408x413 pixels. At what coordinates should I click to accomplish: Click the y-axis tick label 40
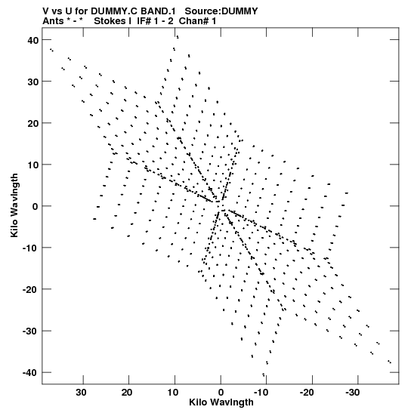click(32, 40)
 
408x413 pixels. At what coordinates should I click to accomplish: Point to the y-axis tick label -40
click(30, 372)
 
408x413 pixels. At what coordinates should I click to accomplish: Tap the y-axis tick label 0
click(36, 207)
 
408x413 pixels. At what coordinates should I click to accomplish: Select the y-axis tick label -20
click(30, 289)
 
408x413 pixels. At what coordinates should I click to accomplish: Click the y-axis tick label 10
click(32, 165)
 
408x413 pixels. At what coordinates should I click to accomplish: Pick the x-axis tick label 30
click(81, 393)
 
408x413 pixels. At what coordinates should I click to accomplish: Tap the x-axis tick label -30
click(352, 393)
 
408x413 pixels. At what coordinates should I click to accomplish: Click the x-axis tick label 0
click(221, 393)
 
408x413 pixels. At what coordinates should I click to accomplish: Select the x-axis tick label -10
click(261, 393)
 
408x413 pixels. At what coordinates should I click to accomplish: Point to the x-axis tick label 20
click(127, 393)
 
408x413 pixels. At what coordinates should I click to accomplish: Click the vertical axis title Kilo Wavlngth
click(14, 205)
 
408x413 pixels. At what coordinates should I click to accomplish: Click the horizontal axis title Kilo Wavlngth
click(221, 402)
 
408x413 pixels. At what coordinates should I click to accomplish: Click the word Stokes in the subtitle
click(110, 21)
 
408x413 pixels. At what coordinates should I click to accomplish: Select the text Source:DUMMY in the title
click(221, 11)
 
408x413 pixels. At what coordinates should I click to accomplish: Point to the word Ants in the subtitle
click(53, 21)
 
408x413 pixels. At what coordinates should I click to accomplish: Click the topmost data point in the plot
click(178, 37)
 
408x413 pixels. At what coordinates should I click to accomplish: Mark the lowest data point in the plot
click(264, 374)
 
